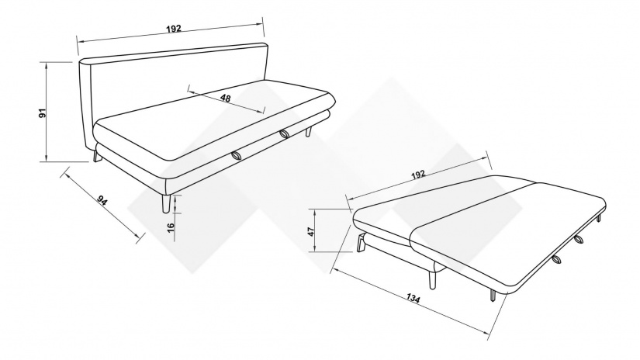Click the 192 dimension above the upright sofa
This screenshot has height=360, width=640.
pos(174,29)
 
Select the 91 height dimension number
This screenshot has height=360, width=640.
pos(43,113)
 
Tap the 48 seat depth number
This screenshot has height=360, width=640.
pos(225,98)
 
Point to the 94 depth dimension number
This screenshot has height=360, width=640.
pos(102,200)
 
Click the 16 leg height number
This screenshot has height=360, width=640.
pos(171,227)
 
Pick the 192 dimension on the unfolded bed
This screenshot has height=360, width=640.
pos(418,175)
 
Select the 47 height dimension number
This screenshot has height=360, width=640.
pos(311,231)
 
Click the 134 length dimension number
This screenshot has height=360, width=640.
pos(413,299)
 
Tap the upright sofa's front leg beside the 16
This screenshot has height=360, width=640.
pos(166,203)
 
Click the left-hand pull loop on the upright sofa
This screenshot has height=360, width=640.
pos(237,155)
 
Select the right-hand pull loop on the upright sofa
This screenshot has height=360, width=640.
pos(285,133)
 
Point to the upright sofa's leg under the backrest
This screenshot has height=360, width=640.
pos(97,156)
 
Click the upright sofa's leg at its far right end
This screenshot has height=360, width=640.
pos(309,132)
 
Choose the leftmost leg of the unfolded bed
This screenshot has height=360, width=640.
pos(362,244)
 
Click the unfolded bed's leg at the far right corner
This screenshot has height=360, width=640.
pos(599,218)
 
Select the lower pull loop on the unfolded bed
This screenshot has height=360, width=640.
pos(556,259)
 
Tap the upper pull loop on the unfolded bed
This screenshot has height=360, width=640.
pos(579,240)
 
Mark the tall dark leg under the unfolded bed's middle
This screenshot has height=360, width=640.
pos(432,279)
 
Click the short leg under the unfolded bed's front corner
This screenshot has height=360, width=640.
pos(493,296)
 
